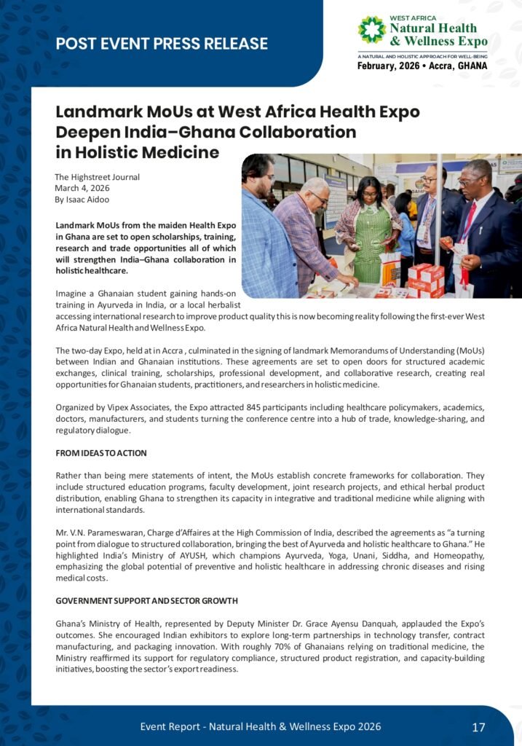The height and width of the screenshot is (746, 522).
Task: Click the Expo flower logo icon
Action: pyautogui.click(x=372, y=30)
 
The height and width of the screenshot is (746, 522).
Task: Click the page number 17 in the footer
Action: pyautogui.click(x=478, y=726)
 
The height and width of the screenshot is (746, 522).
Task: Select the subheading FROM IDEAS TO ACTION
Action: pyautogui.click(x=101, y=452)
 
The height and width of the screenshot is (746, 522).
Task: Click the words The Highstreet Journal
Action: pyautogui.click(x=97, y=176)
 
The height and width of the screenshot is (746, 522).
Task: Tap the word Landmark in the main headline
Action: pyautogui.click(x=97, y=113)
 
